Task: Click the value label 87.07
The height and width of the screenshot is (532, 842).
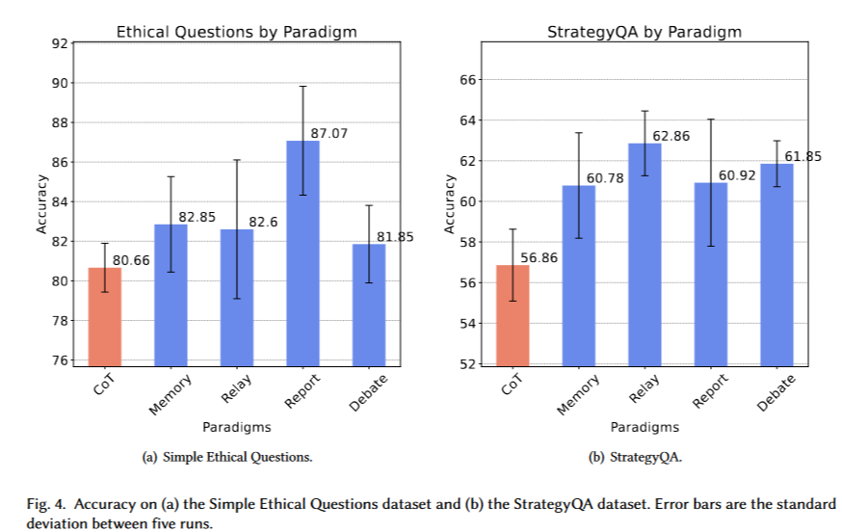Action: [x=329, y=134]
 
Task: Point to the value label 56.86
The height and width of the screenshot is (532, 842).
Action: [x=539, y=257]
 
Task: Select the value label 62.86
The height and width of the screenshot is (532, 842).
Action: [x=671, y=136]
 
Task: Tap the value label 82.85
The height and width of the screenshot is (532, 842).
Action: [x=197, y=217]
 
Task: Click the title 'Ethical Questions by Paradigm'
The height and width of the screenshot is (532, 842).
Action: [x=236, y=32]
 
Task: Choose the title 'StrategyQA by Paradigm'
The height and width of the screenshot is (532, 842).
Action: [x=645, y=32]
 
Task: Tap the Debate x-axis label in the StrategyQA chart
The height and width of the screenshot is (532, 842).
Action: [x=776, y=393]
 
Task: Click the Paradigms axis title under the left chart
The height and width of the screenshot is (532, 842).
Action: [x=236, y=426]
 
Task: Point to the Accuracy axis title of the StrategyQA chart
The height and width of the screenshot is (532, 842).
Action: [x=448, y=203]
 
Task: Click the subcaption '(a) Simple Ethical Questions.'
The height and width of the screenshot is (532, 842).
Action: [x=227, y=457]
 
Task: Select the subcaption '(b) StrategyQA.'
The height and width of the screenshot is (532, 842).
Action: [x=635, y=457]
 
